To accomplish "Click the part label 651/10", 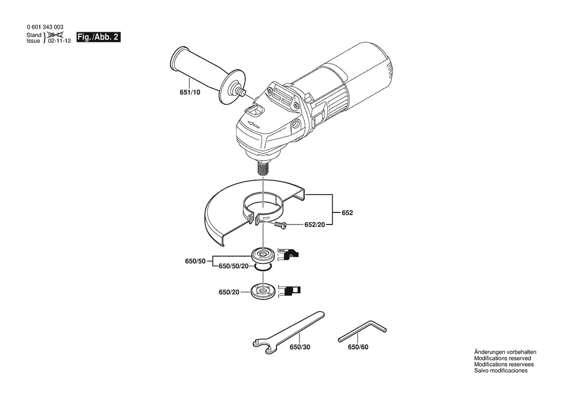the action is (x=190, y=92).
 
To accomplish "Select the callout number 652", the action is (x=347, y=212).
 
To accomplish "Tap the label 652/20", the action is (x=315, y=224).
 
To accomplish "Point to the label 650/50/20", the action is (x=233, y=266).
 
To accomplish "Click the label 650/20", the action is (x=229, y=292).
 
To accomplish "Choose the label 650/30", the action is (x=300, y=347).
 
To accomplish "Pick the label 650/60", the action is (x=358, y=347).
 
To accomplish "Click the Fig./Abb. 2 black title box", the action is (x=99, y=37).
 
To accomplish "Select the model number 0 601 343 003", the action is (x=45, y=27).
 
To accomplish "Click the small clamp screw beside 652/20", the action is (x=280, y=225).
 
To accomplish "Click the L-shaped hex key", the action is (x=362, y=332).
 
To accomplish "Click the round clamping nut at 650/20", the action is (x=264, y=291).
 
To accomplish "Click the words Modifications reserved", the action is (x=502, y=358).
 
